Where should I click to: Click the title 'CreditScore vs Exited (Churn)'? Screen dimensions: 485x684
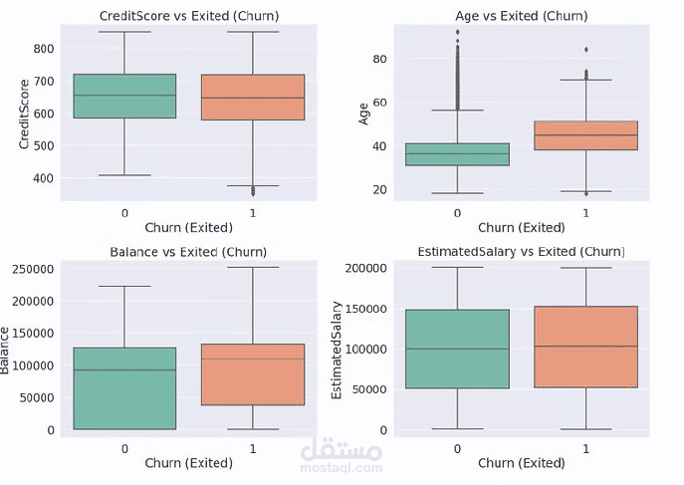[x=188, y=17]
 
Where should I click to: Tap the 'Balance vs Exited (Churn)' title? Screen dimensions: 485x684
[x=189, y=252]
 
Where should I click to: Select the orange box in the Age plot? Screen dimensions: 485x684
[x=586, y=135]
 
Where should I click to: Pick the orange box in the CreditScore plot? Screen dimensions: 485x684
[x=253, y=97]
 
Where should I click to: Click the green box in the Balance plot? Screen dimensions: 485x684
[x=125, y=388]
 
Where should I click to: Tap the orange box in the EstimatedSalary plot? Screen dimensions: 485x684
[x=586, y=347]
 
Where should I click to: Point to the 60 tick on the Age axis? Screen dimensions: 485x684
[x=379, y=103]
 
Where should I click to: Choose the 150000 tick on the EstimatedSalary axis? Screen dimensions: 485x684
[x=369, y=309]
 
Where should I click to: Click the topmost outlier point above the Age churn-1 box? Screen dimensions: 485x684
[x=586, y=49]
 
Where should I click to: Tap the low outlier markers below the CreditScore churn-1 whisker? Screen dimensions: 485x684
[x=253, y=190]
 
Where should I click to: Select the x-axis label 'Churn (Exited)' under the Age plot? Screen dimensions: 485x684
[x=522, y=228]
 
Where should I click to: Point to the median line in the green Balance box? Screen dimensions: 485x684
[x=125, y=370]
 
